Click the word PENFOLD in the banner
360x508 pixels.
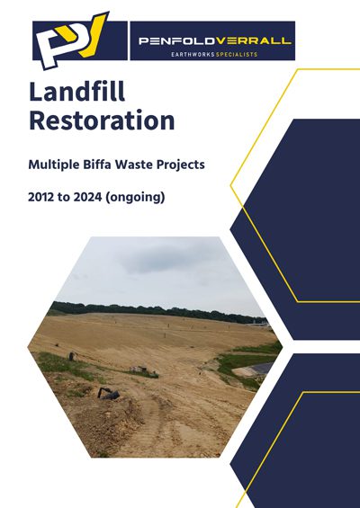click(177, 41)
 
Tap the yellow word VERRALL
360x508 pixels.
click(254, 41)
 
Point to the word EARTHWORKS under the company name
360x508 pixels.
click(193, 55)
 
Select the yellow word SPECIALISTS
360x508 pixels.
click(237, 55)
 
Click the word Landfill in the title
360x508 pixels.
click(77, 92)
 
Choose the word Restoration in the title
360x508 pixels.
click(102, 120)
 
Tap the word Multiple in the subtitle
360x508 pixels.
click(54, 165)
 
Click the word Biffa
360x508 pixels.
click(97, 165)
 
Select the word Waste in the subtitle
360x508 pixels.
click(135, 165)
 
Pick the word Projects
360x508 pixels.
click(181, 165)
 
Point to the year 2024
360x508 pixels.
click(88, 197)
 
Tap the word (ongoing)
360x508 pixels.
click(135, 197)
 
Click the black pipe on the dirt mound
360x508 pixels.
click(109, 393)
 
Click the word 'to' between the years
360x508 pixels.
click(64, 197)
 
